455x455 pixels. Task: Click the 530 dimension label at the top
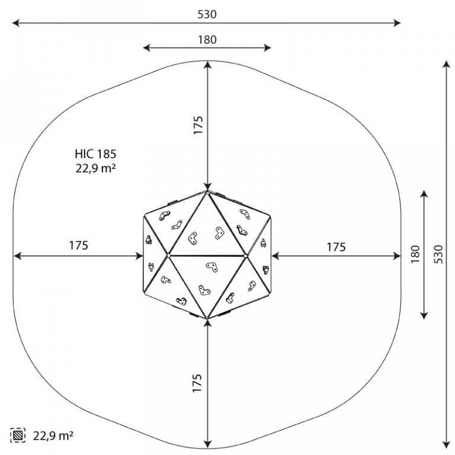[207, 14]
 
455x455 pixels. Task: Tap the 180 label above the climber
[207, 40]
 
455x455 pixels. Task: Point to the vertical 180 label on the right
[415, 254]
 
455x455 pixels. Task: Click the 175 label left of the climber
[78, 245]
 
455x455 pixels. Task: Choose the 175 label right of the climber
[336, 247]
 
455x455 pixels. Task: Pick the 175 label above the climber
[198, 125]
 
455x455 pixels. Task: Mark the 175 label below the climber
[197, 383]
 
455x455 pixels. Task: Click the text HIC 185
[95, 154]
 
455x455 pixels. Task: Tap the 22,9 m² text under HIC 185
[96, 168]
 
